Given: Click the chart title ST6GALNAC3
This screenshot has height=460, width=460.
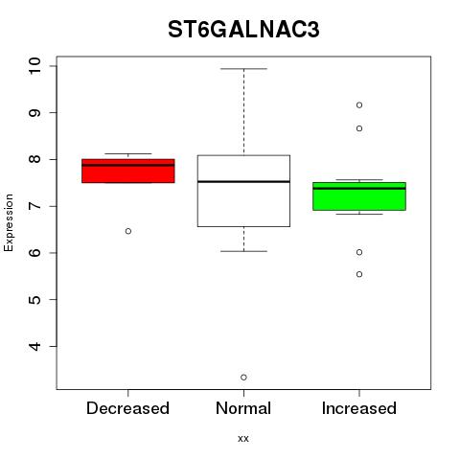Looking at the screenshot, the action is pos(243,30).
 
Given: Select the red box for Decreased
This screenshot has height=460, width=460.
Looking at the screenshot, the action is pos(128,171).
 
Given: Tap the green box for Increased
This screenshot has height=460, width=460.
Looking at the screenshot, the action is pos(359,196).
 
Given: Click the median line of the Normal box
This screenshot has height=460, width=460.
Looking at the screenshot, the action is pos(243,181).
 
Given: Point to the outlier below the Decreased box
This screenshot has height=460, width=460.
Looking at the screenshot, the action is pos(128,231).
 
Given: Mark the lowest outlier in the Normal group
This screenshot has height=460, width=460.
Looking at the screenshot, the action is pos(243,378).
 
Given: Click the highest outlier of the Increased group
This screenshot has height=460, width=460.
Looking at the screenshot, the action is pos(359,105).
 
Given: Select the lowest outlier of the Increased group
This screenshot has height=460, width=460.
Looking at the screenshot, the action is pos(359,274).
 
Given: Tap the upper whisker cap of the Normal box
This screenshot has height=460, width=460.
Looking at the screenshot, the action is pos(243,69).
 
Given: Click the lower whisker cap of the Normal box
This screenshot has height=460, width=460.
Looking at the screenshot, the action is pos(243,251).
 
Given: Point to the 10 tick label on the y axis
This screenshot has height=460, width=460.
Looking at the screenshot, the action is pos(35,66).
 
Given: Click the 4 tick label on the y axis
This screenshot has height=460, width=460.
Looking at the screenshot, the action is pos(35,346).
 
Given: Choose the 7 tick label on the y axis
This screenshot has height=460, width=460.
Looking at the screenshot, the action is pos(35,206).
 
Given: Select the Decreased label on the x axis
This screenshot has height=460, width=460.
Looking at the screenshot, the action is pos(127,408).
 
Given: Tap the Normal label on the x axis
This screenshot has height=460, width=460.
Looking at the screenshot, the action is pos(243,408).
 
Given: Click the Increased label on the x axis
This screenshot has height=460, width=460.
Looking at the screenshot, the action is pos(359,408).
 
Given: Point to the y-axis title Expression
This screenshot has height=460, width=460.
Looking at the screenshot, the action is pos(9,222).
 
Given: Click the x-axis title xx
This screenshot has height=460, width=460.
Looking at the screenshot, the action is pos(243,439).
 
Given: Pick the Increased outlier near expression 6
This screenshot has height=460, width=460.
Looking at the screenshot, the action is pos(359,252).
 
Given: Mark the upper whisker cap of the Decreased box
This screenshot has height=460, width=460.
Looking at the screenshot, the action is pos(128,153).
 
